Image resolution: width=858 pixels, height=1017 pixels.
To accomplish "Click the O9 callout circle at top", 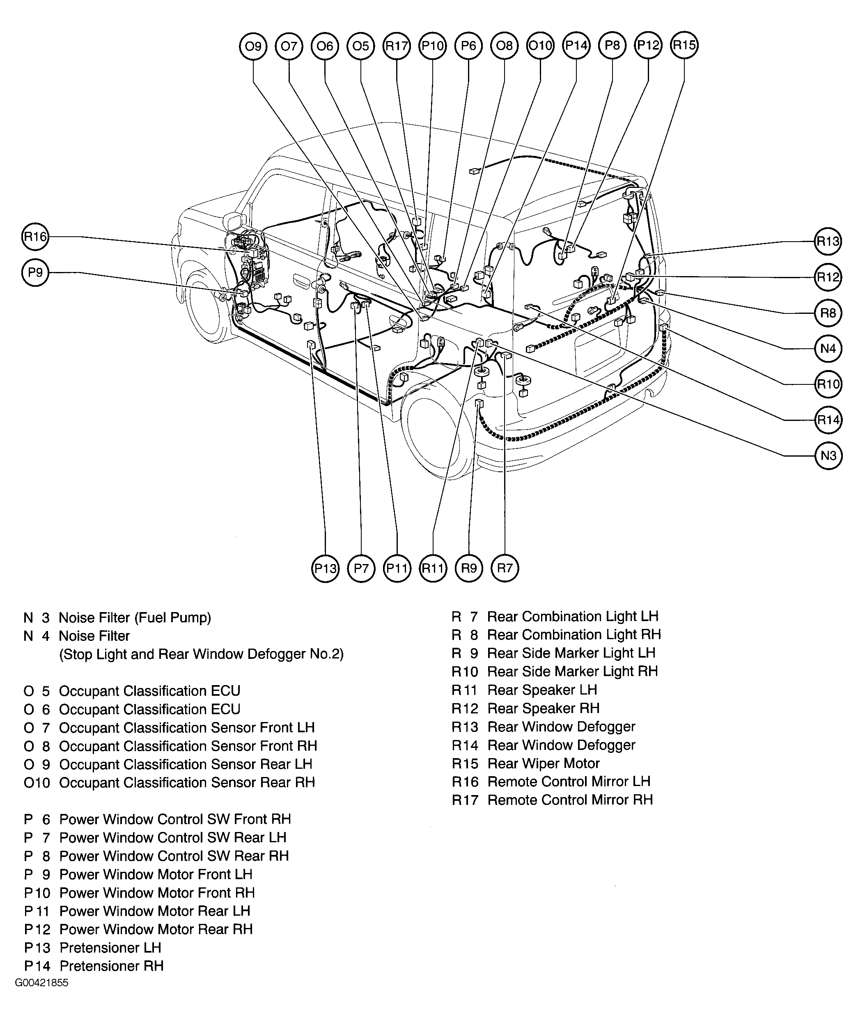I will (x=253, y=46).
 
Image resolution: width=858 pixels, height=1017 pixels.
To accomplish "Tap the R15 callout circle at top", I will (x=684, y=45).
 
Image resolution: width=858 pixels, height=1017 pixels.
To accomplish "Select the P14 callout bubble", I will (x=576, y=46).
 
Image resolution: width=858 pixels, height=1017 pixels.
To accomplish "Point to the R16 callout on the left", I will (x=35, y=237).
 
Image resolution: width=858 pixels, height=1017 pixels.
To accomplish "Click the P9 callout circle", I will (x=35, y=272).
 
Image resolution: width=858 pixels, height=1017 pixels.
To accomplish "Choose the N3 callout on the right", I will (x=828, y=455).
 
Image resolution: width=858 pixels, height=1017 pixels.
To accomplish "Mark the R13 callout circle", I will (x=828, y=241).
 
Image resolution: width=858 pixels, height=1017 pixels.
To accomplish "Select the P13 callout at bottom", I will (x=325, y=568).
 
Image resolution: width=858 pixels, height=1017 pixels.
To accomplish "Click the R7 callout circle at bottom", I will (x=505, y=568).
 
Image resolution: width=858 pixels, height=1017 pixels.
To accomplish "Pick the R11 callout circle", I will (x=433, y=568).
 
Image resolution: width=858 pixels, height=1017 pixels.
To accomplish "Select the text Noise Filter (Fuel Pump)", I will (x=135, y=617).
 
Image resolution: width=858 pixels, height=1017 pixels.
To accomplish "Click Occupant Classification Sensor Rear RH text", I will (x=187, y=782).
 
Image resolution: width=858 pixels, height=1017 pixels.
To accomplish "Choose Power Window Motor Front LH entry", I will (x=156, y=874).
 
